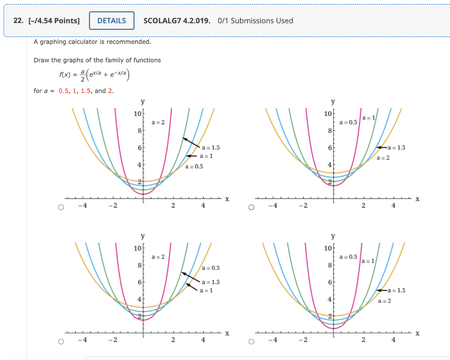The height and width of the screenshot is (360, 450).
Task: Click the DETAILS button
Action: tap(112, 21)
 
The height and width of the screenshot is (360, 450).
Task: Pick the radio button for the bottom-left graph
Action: tap(61, 341)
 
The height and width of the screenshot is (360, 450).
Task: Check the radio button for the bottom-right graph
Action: tap(251, 341)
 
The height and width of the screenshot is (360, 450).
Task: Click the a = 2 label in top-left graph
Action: tap(158, 122)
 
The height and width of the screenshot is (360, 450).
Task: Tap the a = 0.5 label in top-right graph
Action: tap(348, 122)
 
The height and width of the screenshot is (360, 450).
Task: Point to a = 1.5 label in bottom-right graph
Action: tap(396, 290)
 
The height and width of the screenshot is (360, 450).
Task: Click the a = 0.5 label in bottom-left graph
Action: tap(210, 268)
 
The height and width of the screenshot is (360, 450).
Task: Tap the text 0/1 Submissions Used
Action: tap(255, 21)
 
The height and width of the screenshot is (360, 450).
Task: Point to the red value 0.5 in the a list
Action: tap(64, 91)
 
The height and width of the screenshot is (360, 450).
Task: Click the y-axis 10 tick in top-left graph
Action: tap(137, 114)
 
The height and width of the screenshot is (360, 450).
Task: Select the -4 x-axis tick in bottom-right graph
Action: tap(273, 340)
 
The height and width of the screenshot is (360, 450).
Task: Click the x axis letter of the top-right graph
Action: tap(417, 199)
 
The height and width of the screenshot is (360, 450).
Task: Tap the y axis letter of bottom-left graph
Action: tap(142, 237)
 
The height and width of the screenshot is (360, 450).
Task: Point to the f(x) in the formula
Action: tap(65, 75)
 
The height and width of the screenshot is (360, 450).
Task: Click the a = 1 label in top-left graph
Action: tap(207, 156)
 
